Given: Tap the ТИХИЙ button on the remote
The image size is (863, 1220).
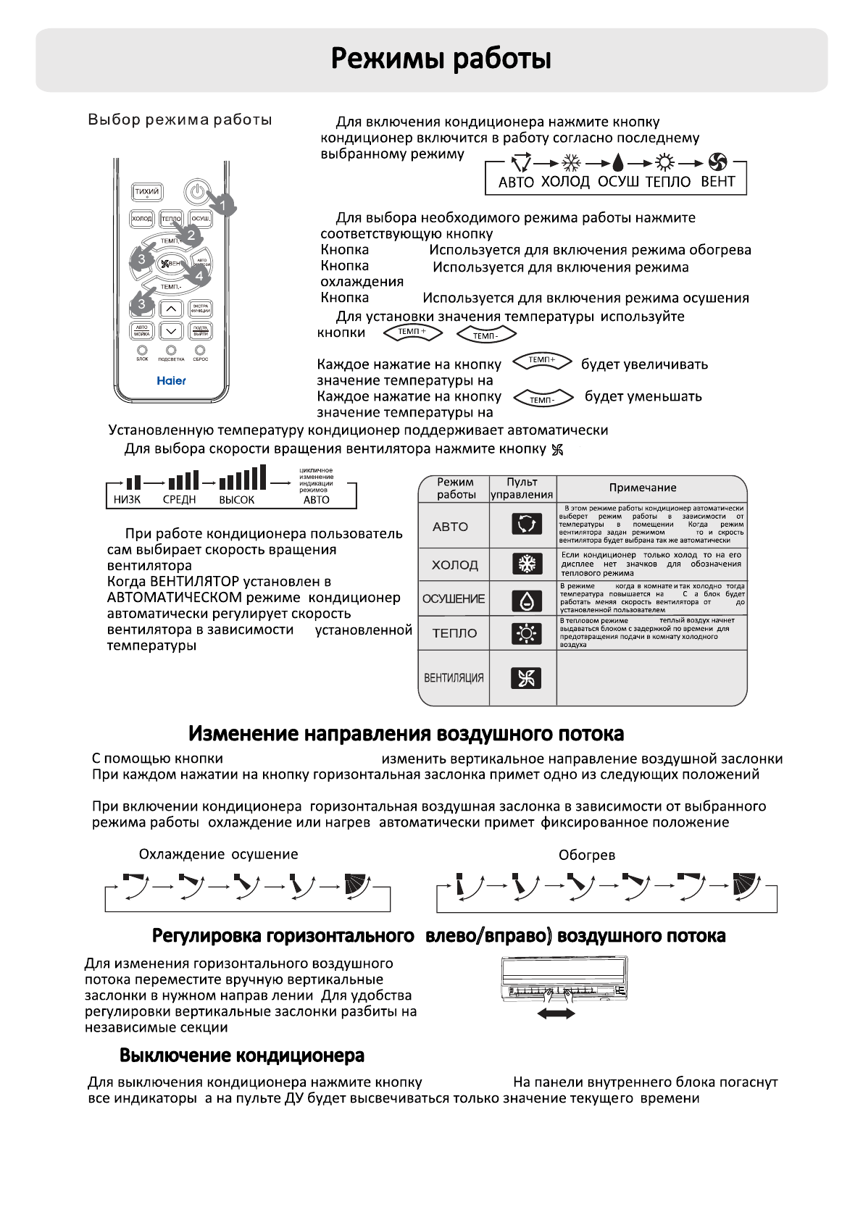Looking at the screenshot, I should pyautogui.click(x=146, y=192).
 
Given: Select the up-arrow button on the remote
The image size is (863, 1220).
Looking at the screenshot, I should pyautogui.click(x=171, y=309).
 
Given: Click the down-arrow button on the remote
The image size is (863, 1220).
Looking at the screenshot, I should pyautogui.click(x=171, y=331).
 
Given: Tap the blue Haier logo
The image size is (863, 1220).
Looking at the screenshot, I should pyautogui.click(x=172, y=380).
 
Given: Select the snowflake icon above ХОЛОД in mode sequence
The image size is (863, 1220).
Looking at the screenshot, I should pyautogui.click(x=572, y=162).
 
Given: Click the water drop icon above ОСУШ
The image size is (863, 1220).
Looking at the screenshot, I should pyautogui.click(x=617, y=162).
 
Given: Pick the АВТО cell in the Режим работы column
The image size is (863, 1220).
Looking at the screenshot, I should pyautogui.click(x=451, y=527).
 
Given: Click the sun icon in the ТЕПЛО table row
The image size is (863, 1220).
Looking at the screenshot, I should pyautogui.click(x=526, y=634).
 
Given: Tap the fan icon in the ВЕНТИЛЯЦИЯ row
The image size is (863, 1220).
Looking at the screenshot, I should pyautogui.click(x=526, y=678).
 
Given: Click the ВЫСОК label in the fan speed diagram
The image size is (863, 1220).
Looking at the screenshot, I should pyautogui.click(x=237, y=500).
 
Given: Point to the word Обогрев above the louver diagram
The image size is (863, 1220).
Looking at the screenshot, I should pyautogui.click(x=587, y=855).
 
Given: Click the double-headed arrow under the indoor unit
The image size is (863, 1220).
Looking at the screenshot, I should pyautogui.click(x=556, y=1014).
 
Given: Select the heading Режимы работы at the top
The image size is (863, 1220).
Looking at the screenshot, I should pyautogui.click(x=441, y=59).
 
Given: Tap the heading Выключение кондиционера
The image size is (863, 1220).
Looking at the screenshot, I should pyautogui.click(x=242, y=1056).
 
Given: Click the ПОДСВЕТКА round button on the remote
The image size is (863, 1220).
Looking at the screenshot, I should pyautogui.click(x=171, y=351).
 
